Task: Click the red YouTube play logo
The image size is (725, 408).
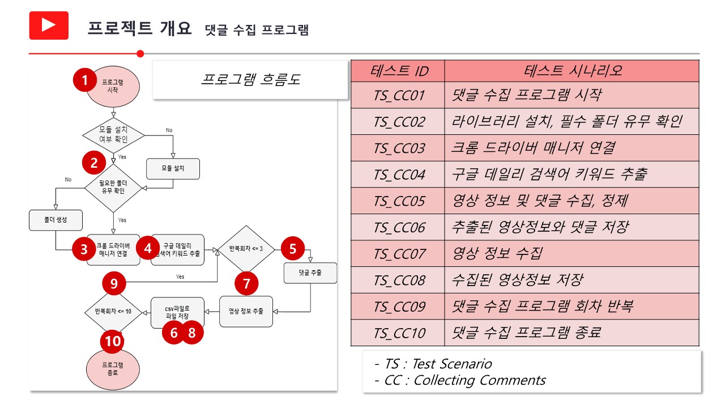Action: (49, 25)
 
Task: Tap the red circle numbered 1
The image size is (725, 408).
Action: (85, 80)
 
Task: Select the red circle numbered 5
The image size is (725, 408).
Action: (293, 249)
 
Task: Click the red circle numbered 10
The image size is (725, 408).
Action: (113, 341)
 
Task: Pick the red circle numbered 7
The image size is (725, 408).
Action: (246, 284)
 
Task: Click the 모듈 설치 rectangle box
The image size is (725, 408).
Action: (173, 169)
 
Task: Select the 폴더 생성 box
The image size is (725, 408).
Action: (56, 220)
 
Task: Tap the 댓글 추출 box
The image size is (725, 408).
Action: (310, 273)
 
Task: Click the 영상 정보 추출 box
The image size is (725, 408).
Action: (246, 312)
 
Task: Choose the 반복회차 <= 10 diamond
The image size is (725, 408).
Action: (113, 312)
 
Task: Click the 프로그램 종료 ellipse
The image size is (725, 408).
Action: (113, 369)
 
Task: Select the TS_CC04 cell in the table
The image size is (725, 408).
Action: (398, 175)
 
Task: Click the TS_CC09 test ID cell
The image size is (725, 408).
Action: (398, 307)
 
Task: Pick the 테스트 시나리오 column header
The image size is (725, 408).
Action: (572, 71)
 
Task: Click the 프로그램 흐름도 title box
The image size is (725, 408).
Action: (250, 80)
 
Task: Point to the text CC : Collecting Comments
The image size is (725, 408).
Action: (465, 380)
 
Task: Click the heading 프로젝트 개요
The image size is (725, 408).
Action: (139, 28)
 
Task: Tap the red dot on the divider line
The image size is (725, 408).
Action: (140, 54)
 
